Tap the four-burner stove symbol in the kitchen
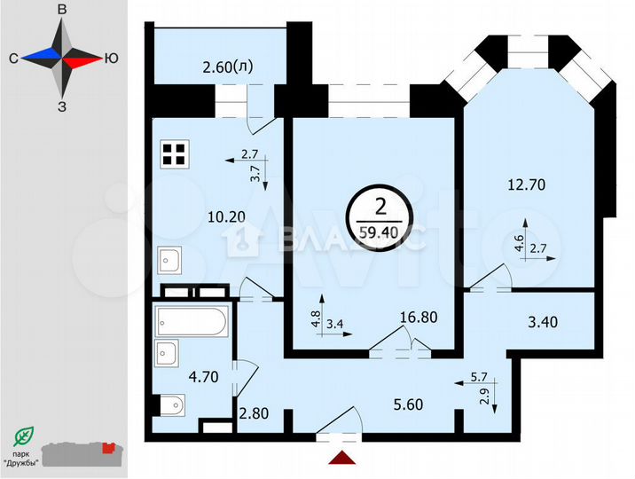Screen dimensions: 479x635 coord(174,154)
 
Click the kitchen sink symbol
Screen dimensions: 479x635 coord(170,261)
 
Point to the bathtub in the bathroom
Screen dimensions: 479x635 coord(191,320)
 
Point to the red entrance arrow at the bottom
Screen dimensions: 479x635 coord(340,457)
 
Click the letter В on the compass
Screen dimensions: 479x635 coord(61,9)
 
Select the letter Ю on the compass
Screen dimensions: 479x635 coord(111,58)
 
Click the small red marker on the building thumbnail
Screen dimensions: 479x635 coord(110,449)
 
